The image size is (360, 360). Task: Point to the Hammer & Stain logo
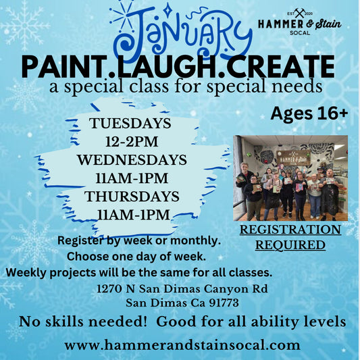point(299,24)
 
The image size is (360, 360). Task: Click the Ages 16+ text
point(309,113)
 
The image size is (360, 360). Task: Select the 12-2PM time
point(131,142)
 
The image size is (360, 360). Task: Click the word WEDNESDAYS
point(131,161)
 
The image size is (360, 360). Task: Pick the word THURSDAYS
point(131,197)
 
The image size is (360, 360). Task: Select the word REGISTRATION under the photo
point(290,230)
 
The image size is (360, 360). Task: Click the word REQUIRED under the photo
point(290,245)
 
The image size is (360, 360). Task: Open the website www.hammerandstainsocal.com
point(182,345)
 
